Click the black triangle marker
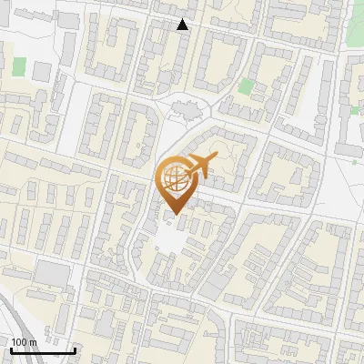pos(183,25)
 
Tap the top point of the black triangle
pos(183,19)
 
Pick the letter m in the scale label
pos(33,341)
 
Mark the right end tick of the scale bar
pos(75,349)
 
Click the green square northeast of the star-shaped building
pos(246,87)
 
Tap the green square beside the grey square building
pos(20,66)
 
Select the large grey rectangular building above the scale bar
pos(53,274)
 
